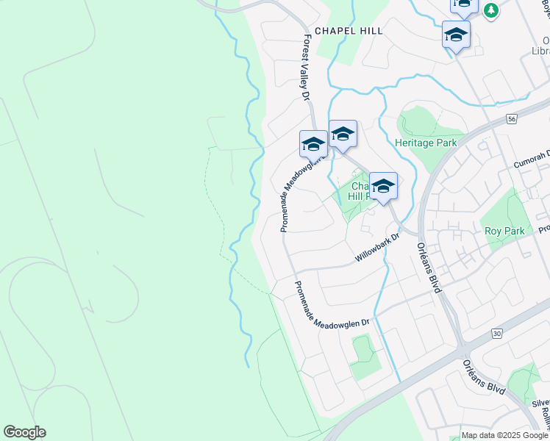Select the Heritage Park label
[426, 143]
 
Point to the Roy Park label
[504, 231]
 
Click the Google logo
[24, 432]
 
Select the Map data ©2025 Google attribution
[505, 435]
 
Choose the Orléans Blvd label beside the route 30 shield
[484, 377]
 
